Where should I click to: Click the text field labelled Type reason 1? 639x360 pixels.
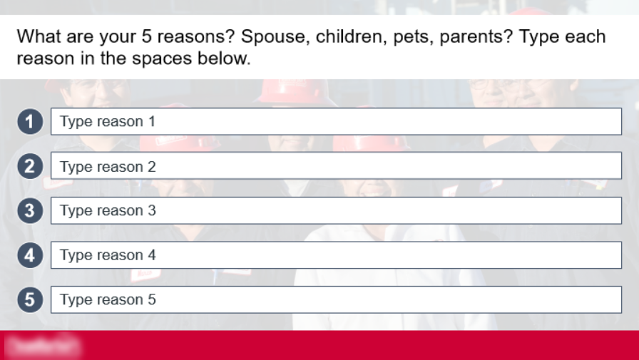(x=336, y=121)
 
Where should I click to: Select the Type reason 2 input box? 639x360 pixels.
(x=336, y=166)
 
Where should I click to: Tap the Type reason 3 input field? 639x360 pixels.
(x=336, y=210)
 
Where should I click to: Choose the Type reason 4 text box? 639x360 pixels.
(x=336, y=255)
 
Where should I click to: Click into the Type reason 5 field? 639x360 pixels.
(x=336, y=299)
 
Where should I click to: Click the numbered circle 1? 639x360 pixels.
(x=30, y=122)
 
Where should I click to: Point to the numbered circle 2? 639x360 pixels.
(x=30, y=167)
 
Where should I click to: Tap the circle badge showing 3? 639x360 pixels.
(x=30, y=211)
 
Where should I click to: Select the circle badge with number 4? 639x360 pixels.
(x=30, y=255)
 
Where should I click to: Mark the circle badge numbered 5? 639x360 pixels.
(x=30, y=300)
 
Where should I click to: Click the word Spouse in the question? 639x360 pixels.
(x=275, y=37)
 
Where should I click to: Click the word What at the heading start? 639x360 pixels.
(x=39, y=37)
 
